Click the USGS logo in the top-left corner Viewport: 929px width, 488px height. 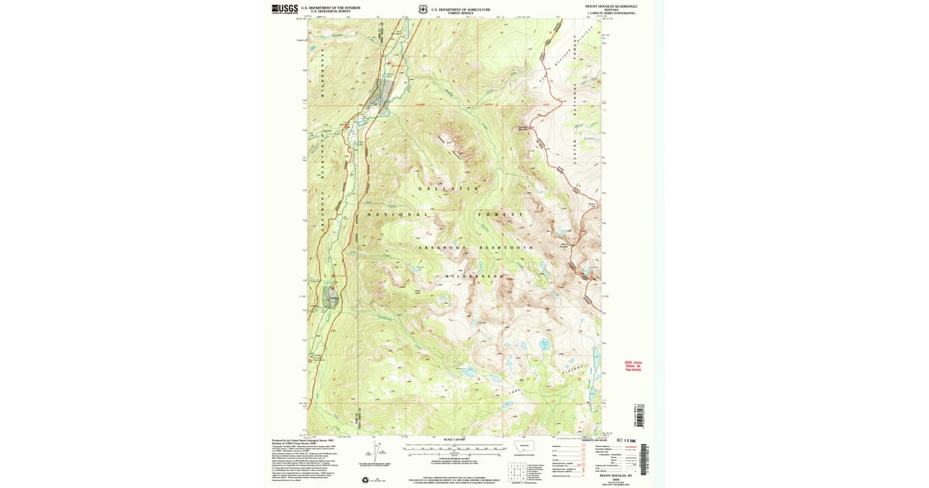285,9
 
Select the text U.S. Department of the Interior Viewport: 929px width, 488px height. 331,8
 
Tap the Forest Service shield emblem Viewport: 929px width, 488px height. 423,9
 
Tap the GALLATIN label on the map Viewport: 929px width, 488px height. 448,188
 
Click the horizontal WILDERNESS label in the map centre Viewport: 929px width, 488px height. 475,276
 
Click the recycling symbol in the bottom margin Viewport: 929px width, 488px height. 365,479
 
